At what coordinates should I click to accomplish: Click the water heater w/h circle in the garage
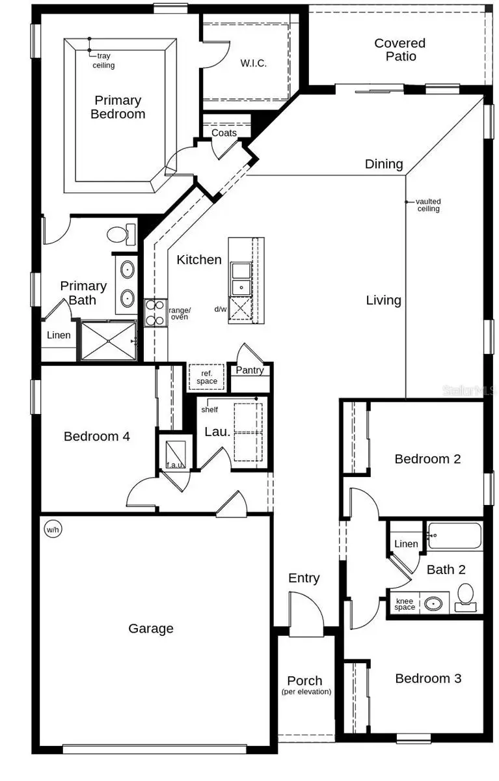click(53, 530)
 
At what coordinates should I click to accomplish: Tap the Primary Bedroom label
click(118, 107)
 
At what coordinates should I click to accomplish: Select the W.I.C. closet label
click(254, 63)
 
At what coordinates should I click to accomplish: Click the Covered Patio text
click(399, 50)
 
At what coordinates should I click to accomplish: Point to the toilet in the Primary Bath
click(121, 234)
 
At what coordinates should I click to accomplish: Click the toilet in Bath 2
click(465, 597)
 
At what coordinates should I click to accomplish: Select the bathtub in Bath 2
click(454, 536)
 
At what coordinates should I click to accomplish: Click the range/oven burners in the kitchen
click(155, 312)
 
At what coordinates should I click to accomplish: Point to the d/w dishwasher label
click(220, 309)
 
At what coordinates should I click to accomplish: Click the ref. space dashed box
click(207, 377)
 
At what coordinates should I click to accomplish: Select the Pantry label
click(250, 370)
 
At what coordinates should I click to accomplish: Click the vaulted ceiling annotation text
click(428, 205)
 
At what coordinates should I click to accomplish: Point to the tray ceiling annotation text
click(103, 61)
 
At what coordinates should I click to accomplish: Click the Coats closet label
click(224, 133)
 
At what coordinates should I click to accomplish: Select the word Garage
click(151, 629)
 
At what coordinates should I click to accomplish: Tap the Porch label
click(305, 681)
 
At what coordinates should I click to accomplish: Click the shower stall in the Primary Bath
click(108, 340)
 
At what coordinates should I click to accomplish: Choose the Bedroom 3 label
click(428, 679)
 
